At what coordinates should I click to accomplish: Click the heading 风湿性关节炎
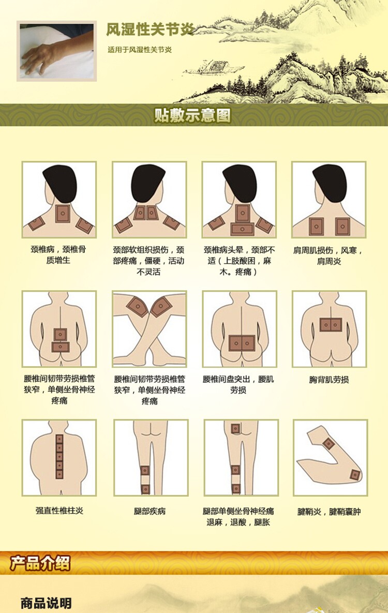point(150,29)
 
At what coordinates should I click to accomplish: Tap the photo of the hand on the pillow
point(57,51)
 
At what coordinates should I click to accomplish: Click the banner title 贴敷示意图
point(192,115)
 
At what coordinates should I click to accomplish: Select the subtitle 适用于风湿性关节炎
point(140,50)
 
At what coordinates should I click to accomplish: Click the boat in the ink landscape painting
point(207,67)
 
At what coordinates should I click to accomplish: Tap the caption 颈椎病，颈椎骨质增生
point(58,255)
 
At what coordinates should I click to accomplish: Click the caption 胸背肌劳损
point(329,379)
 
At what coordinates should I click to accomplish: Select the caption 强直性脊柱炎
point(59,510)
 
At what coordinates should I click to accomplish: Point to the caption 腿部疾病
point(150,511)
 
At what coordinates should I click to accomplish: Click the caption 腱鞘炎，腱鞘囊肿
point(329,512)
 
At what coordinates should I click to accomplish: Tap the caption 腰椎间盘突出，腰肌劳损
point(238,384)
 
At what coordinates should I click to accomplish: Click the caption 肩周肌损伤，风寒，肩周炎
point(329,255)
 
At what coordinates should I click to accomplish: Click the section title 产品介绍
point(40,563)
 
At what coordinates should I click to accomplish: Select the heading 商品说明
point(46,603)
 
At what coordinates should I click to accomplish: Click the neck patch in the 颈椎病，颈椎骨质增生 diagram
point(62,214)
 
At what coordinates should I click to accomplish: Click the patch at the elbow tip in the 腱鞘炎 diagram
point(355,475)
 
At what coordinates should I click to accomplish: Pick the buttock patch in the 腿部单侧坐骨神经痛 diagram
point(235,429)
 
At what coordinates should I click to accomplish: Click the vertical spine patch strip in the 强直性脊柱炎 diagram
point(59,457)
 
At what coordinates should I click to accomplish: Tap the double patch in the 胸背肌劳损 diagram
point(331,324)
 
